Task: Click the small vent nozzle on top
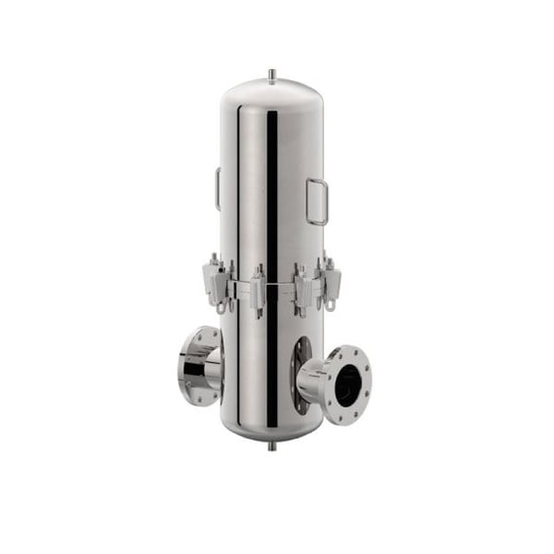pos(272,74)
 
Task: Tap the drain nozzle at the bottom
pos(271,445)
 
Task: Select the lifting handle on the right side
pos(318,201)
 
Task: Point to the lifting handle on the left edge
pos(218,187)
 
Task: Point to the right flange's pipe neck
pos(314,379)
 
